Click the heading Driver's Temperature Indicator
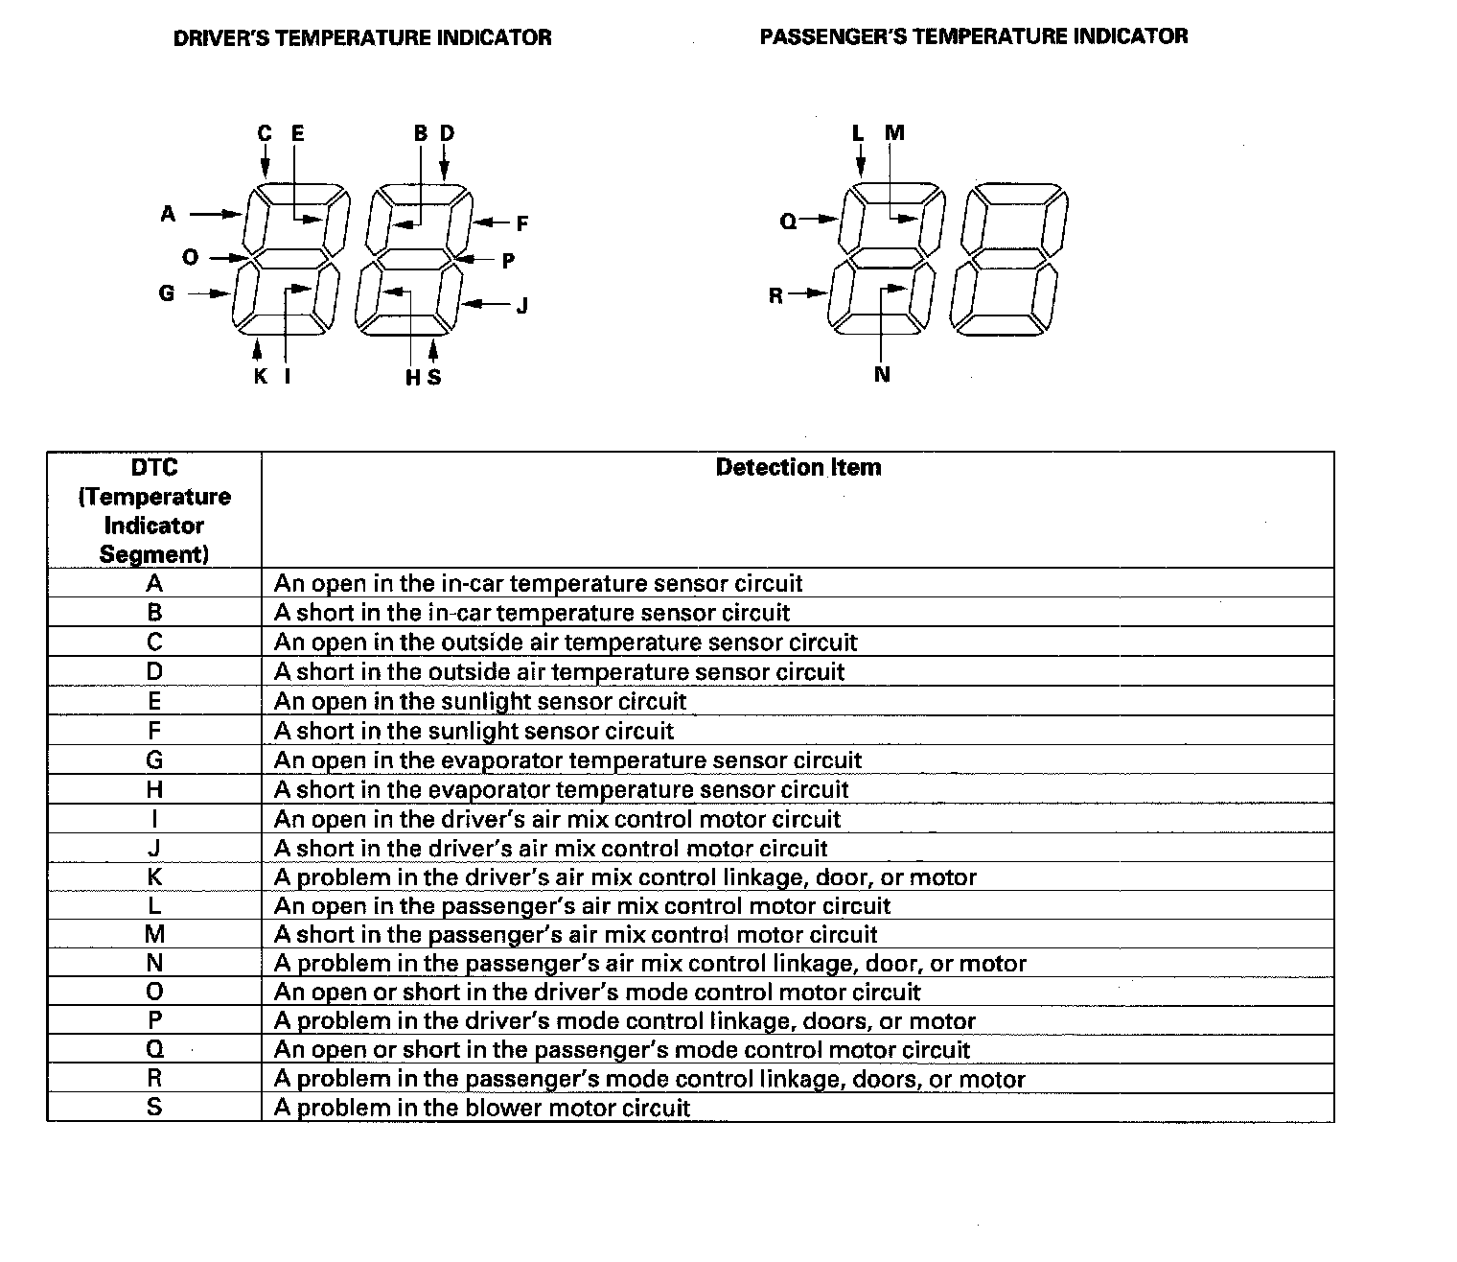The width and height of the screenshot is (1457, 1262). (x=362, y=38)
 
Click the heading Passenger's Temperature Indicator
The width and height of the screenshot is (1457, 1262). (x=973, y=36)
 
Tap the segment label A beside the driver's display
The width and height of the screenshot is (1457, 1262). (x=169, y=214)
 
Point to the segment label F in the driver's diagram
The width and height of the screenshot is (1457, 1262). (x=522, y=224)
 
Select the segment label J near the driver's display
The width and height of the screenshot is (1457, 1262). (x=522, y=307)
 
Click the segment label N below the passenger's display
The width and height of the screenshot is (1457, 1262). (x=882, y=375)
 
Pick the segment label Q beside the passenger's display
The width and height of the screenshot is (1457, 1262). (x=788, y=222)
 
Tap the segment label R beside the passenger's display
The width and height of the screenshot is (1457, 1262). (x=776, y=295)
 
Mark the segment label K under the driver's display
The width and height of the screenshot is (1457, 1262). (x=260, y=377)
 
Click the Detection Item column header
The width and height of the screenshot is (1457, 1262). (x=798, y=468)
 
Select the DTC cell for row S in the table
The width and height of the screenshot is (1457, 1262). (x=154, y=1108)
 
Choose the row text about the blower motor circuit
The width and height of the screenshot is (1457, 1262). (x=482, y=1109)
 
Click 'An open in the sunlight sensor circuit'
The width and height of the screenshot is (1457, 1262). (x=480, y=701)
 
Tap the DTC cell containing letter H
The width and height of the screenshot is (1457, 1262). (x=154, y=789)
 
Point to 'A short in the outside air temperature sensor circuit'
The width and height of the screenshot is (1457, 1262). (x=560, y=671)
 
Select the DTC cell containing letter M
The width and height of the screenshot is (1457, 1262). (x=154, y=934)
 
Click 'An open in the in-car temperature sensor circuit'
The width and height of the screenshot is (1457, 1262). (x=538, y=583)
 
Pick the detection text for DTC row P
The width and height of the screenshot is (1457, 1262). (x=625, y=1020)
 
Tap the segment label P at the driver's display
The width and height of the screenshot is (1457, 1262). (x=508, y=261)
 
